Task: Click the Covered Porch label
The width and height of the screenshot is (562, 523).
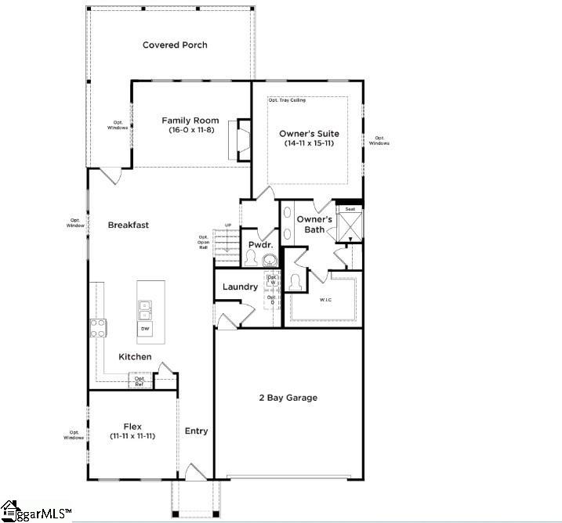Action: [175, 45]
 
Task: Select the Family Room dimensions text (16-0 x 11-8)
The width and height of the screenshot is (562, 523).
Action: [190, 130]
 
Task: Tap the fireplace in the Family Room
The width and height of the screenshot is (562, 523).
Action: [243, 139]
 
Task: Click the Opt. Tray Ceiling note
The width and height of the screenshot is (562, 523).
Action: [287, 100]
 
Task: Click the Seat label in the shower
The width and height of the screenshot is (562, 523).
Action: [350, 209]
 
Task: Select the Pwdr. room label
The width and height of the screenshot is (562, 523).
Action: [259, 245]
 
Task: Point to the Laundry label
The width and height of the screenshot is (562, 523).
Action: [240, 287]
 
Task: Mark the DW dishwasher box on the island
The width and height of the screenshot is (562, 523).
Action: [145, 330]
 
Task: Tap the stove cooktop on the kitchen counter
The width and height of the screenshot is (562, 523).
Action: [99, 328]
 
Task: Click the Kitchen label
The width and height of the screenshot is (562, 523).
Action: [135, 357]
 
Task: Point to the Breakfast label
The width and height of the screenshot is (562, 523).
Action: [128, 225]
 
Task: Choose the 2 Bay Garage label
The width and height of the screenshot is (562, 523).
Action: [288, 398]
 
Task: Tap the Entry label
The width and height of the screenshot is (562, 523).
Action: [196, 431]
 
